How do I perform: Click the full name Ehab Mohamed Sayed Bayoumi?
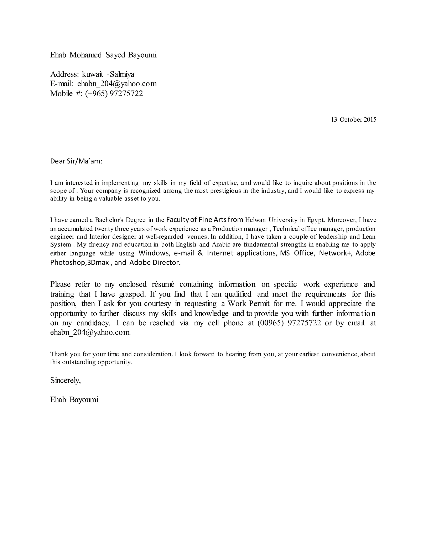(x=103, y=55)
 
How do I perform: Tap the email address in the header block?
(x=117, y=84)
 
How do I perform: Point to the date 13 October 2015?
(x=353, y=120)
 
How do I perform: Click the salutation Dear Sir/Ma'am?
(x=76, y=161)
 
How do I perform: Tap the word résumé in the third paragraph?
(x=163, y=284)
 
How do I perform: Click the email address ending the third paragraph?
(x=90, y=332)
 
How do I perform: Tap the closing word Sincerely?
(x=65, y=381)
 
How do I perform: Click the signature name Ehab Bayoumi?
(x=74, y=400)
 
